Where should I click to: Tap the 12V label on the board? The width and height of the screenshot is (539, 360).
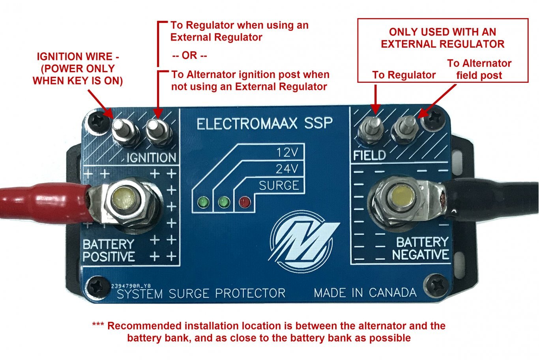pos(287,153)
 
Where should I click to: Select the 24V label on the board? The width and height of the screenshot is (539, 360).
pos(287,169)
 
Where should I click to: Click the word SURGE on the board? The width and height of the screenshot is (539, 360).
pos(279,185)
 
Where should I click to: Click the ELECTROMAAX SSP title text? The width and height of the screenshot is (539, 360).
pos(264,124)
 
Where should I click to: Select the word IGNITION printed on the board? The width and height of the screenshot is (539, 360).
pos(151,158)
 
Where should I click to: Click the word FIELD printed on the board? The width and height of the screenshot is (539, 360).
pos(369,155)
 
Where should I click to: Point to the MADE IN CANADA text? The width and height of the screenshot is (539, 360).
pos(365,293)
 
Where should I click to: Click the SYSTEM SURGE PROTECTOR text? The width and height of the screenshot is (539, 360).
pos(201,293)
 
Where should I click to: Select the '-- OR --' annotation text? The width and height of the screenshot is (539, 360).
pos(190,56)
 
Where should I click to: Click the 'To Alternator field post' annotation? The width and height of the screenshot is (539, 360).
pos(479,69)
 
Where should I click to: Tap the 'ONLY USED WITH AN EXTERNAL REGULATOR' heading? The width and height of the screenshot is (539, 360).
pos(442,38)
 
